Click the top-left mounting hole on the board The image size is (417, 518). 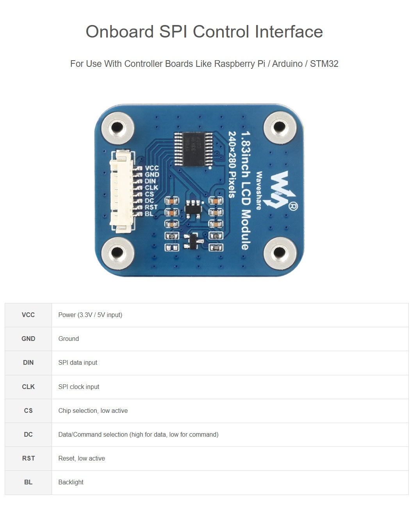[117, 127]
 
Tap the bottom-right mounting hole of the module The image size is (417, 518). [279, 253]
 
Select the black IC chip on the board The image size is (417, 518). [193, 149]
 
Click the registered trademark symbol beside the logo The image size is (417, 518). [293, 206]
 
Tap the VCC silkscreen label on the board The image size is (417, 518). [151, 168]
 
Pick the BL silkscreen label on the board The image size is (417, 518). [149, 213]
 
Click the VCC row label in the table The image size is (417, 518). [28, 315]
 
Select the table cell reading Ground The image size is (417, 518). [69, 339]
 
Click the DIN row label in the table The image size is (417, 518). [28, 363]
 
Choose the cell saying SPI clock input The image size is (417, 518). [79, 387]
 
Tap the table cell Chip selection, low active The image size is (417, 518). [93, 411]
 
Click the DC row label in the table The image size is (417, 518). [28, 435]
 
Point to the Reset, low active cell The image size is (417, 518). [82, 459]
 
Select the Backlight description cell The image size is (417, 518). [71, 482]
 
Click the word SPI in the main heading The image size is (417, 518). [173, 32]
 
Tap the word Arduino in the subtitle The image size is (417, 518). [287, 64]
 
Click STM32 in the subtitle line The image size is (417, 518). [324, 64]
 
